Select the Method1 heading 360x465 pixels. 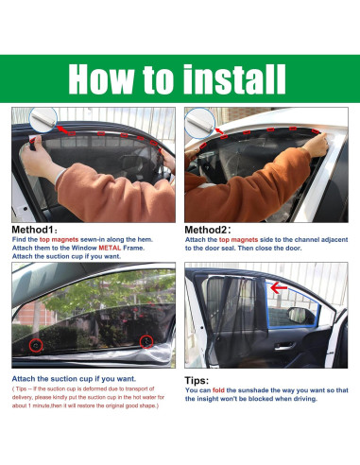pos(35,230)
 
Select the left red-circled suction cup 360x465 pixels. pos(35,346)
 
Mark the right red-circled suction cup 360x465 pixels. pos(146,341)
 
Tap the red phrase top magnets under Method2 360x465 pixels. pos(239,240)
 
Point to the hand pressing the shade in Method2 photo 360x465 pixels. pos(320,142)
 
